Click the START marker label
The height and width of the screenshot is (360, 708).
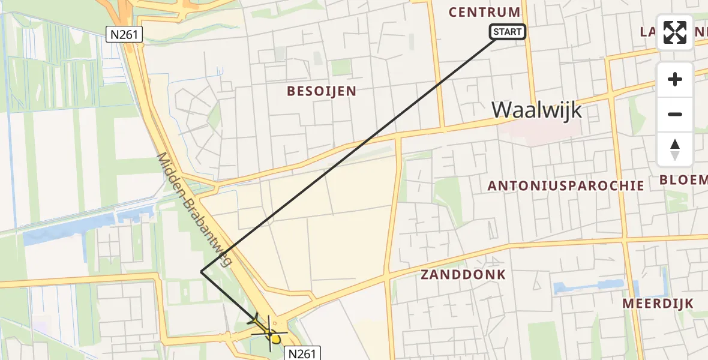[x=508, y=32]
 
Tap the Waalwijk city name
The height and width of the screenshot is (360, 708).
[x=536, y=110]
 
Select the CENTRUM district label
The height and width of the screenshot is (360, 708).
[x=484, y=12]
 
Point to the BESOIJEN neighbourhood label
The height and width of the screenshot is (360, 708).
[x=322, y=91]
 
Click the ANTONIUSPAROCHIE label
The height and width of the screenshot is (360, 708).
[x=566, y=186]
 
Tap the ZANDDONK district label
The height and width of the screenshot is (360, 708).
[x=463, y=275]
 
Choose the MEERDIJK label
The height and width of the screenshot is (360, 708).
[x=658, y=304]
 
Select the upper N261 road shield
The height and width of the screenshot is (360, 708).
[x=125, y=35]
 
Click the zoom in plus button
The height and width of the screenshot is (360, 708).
[x=675, y=79]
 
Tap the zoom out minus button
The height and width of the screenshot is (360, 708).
[x=675, y=114]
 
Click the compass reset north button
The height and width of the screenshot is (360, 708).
[x=675, y=149]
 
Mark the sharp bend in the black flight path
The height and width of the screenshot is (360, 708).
[x=201, y=272]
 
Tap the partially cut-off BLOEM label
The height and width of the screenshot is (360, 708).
[x=683, y=180]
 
